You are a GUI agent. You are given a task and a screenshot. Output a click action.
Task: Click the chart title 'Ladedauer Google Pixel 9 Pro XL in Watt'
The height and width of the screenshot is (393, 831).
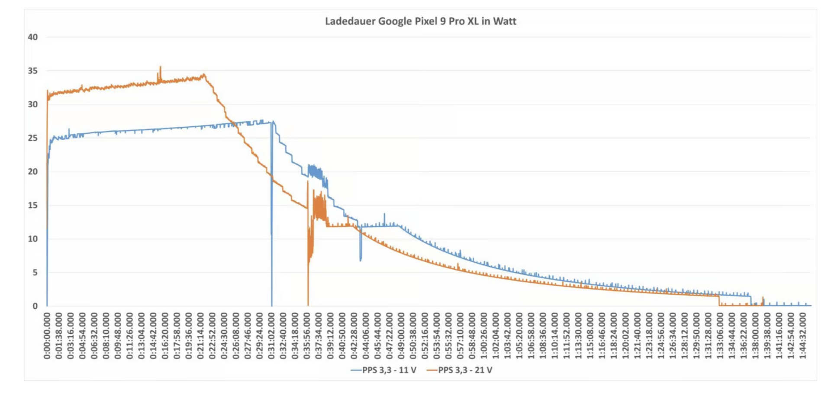click(420, 21)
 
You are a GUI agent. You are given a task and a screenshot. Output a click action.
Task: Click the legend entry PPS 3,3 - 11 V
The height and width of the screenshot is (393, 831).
click(384, 370)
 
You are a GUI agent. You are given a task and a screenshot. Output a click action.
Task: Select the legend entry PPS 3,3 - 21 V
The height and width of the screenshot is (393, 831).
click(460, 370)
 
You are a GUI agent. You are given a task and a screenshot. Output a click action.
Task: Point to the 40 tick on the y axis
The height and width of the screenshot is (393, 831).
click(33, 37)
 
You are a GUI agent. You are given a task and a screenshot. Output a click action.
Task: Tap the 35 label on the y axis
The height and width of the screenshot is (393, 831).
click(33, 71)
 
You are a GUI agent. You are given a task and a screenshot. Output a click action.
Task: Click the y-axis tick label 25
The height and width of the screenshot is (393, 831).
click(33, 138)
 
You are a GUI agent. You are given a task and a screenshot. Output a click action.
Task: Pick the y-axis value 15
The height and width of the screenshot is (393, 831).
click(33, 205)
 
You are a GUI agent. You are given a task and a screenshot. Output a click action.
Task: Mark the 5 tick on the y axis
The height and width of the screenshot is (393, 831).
click(35, 273)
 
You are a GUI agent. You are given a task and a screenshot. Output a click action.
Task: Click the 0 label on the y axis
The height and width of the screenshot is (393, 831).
click(35, 306)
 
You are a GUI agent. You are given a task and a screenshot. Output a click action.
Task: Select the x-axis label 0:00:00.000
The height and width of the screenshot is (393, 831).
click(47, 336)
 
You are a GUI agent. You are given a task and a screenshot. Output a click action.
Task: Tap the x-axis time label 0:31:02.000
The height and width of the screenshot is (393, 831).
click(271, 336)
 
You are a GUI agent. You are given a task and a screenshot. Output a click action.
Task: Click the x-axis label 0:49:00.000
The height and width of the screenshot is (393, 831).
click(401, 336)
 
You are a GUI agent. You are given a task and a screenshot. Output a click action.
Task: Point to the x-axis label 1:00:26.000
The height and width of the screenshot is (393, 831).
click(484, 336)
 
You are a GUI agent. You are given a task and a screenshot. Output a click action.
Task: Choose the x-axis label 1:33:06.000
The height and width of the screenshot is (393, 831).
click(720, 336)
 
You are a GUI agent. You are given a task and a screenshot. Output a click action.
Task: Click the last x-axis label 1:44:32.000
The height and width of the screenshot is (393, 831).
click(802, 336)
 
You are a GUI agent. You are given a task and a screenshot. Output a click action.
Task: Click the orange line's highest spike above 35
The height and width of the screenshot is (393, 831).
click(161, 67)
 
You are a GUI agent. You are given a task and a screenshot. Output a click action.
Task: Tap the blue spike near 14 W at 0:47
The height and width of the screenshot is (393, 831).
click(384, 214)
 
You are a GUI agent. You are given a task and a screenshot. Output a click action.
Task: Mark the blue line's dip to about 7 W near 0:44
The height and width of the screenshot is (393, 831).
click(361, 259)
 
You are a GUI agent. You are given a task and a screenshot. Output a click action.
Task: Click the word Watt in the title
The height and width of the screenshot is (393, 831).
click(505, 21)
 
